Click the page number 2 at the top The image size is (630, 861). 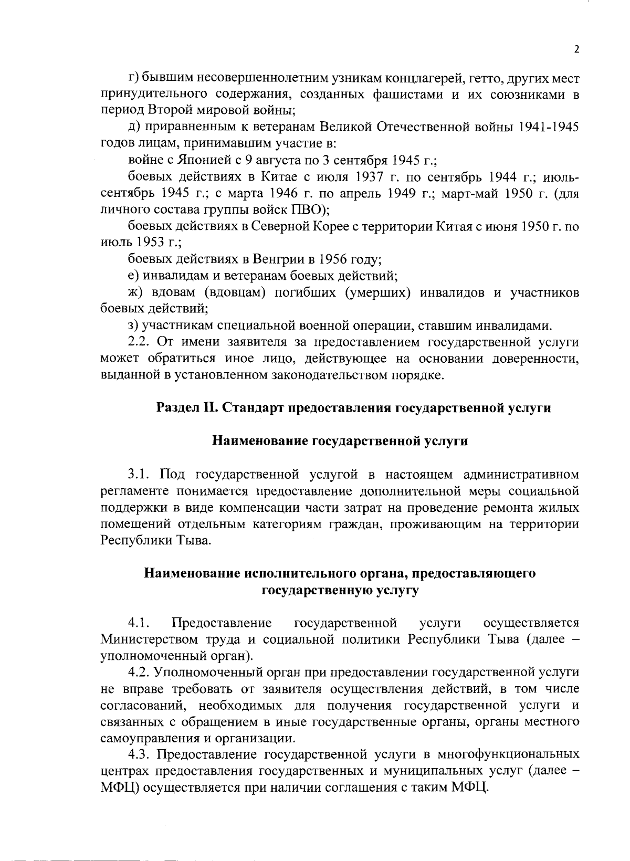(576, 50)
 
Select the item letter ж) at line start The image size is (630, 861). (135, 292)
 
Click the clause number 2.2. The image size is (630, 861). (139, 342)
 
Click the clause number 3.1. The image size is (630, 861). (139, 475)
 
